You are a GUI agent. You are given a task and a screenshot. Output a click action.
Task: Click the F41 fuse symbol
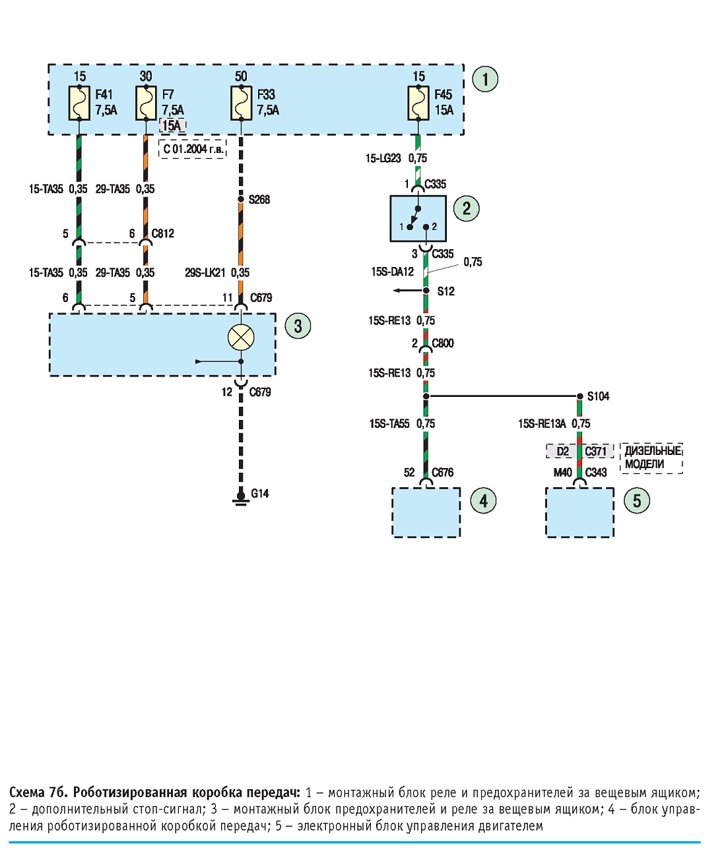point(79,103)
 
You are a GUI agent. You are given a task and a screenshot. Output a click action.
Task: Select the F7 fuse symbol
point(146,103)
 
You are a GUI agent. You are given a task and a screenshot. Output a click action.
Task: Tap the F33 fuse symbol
point(241,103)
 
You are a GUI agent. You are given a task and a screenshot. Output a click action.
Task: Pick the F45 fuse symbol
point(418,103)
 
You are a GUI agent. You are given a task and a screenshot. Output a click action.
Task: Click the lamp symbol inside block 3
point(241,337)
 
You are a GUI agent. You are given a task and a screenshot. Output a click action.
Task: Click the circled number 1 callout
point(485,78)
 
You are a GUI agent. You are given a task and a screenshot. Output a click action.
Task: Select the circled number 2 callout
point(467,208)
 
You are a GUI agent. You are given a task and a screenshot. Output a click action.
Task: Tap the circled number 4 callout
point(483,501)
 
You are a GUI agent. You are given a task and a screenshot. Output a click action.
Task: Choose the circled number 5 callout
point(637,501)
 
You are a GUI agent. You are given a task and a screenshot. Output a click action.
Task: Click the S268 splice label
point(259,200)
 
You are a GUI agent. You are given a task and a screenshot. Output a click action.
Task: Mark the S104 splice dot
point(580,396)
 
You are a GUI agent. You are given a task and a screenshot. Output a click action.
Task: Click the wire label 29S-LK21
point(205,272)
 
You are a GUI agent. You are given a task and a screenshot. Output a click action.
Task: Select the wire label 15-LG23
point(383,158)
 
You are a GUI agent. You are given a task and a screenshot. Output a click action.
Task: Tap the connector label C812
point(162,233)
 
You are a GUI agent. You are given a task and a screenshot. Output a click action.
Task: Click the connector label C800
point(443,343)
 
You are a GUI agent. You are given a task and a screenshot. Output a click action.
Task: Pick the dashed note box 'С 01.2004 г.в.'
point(193,149)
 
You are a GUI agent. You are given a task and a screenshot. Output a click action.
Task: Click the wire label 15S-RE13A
point(542,423)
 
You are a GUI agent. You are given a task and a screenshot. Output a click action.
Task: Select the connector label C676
point(443,472)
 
